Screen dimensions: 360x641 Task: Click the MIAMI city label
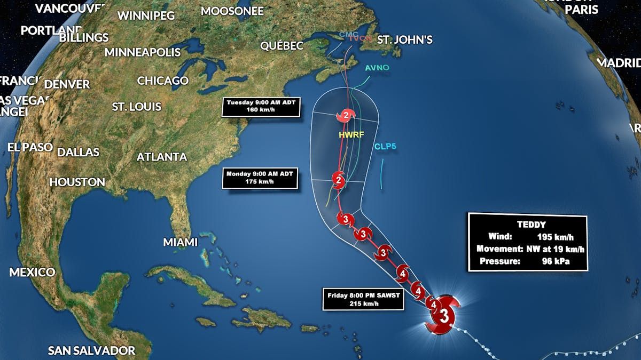[x=180, y=242]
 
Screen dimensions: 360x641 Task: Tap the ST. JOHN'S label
[x=404, y=40]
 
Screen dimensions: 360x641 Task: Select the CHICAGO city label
[x=163, y=81]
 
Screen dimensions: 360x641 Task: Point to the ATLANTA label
[x=162, y=157]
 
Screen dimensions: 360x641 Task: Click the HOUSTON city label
[x=77, y=182]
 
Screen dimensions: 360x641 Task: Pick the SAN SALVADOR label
[x=91, y=350]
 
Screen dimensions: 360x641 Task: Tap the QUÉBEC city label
[x=282, y=46]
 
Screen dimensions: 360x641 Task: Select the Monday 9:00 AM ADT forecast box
[x=260, y=178]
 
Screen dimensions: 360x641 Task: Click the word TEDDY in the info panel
[x=528, y=225]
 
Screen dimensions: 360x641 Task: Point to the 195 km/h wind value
[x=555, y=237]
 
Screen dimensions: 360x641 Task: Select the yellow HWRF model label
[x=351, y=135]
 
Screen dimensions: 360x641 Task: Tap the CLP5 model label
[x=385, y=146]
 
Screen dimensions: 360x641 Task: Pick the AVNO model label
[x=377, y=68]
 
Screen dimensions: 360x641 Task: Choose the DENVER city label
[x=67, y=84]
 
